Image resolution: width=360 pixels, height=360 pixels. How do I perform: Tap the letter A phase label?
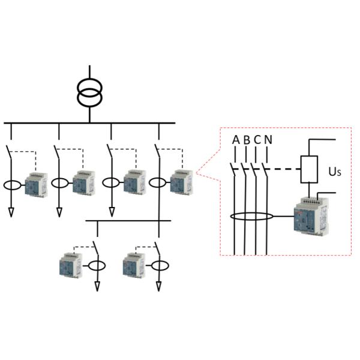click(235, 140)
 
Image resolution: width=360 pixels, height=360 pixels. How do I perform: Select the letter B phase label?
click(247, 140)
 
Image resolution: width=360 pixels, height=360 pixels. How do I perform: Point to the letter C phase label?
click(257, 140)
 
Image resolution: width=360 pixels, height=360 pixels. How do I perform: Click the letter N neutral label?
click(268, 140)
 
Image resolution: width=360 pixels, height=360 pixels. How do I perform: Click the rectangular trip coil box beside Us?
click(308, 169)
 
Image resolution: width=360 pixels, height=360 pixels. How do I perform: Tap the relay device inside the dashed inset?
click(311, 216)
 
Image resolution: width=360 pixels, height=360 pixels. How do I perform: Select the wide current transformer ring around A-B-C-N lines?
click(252, 216)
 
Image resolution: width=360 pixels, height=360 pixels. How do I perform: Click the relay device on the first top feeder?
click(36, 184)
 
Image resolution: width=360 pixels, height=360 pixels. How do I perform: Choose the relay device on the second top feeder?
click(84, 183)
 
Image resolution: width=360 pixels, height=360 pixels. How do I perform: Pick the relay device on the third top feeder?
click(135, 183)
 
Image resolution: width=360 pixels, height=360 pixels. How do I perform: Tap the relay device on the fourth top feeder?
click(181, 183)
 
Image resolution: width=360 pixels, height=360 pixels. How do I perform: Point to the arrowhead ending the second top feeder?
click(59, 212)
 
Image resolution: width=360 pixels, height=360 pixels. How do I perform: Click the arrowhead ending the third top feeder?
click(111, 212)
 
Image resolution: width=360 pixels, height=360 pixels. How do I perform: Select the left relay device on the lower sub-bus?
click(71, 265)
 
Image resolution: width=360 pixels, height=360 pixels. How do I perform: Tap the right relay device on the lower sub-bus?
click(133, 265)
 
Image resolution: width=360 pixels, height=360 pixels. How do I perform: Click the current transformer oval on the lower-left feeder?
click(97, 265)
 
